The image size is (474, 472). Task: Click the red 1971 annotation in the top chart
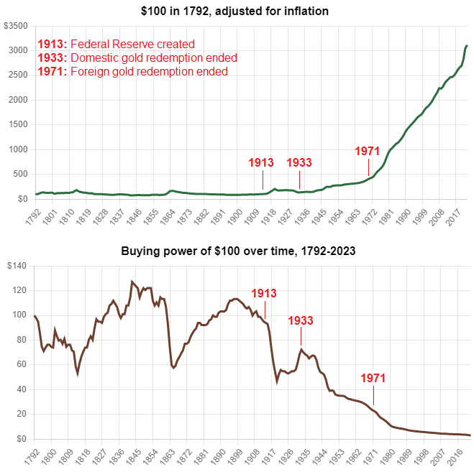367,152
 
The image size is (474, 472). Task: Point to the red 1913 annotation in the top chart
260,162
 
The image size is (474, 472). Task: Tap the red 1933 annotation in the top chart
299,162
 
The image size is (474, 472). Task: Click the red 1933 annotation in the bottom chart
301,320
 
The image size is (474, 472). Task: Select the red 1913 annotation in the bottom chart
263,293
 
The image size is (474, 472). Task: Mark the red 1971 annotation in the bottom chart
373,378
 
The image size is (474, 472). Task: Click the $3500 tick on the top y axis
16,26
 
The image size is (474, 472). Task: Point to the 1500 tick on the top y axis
18,124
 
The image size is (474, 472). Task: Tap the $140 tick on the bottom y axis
15,267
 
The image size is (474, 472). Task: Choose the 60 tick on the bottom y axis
21,365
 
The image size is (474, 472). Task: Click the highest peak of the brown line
132,282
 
